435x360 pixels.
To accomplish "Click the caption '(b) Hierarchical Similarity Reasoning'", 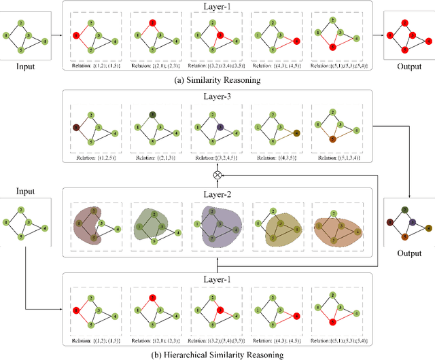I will click(x=217, y=354).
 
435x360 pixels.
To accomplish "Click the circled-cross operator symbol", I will click(x=217, y=175).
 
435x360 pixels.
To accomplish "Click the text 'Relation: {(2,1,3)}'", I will click(x=154, y=156).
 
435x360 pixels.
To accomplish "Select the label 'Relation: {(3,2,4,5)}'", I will click(x=217, y=156).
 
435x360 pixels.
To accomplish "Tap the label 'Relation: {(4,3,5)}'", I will click(x=279, y=156).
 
